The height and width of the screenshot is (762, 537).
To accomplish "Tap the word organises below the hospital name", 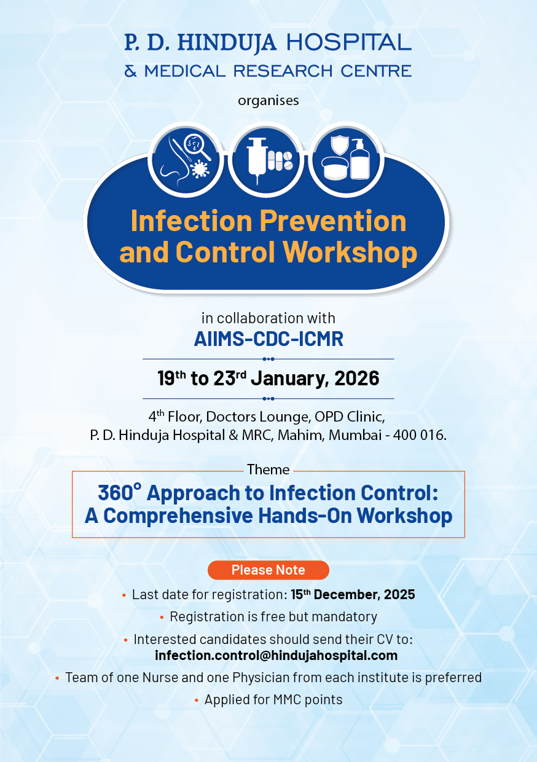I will (268, 100).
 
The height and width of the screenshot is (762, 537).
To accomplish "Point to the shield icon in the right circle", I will (339, 146).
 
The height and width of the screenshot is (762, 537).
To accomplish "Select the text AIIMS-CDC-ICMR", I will (268, 339).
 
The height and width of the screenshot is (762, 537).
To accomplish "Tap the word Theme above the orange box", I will (268, 470).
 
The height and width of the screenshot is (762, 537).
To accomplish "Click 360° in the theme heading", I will (119, 493).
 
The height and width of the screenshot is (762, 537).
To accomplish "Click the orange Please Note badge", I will (268, 570).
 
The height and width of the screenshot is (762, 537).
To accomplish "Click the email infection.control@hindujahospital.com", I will (276, 656).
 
